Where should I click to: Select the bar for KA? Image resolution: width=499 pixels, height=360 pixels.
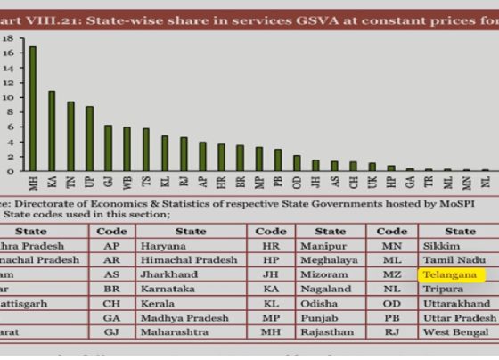[x=52, y=131]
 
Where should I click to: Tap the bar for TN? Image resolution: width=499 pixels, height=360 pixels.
[x=70, y=136]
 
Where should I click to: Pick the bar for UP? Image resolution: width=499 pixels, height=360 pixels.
[x=89, y=139]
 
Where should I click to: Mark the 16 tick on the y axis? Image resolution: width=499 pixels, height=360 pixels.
[x=7, y=53]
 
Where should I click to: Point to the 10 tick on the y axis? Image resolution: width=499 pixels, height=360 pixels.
[x=7, y=97]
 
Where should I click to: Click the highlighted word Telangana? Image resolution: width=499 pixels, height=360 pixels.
[x=449, y=276]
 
